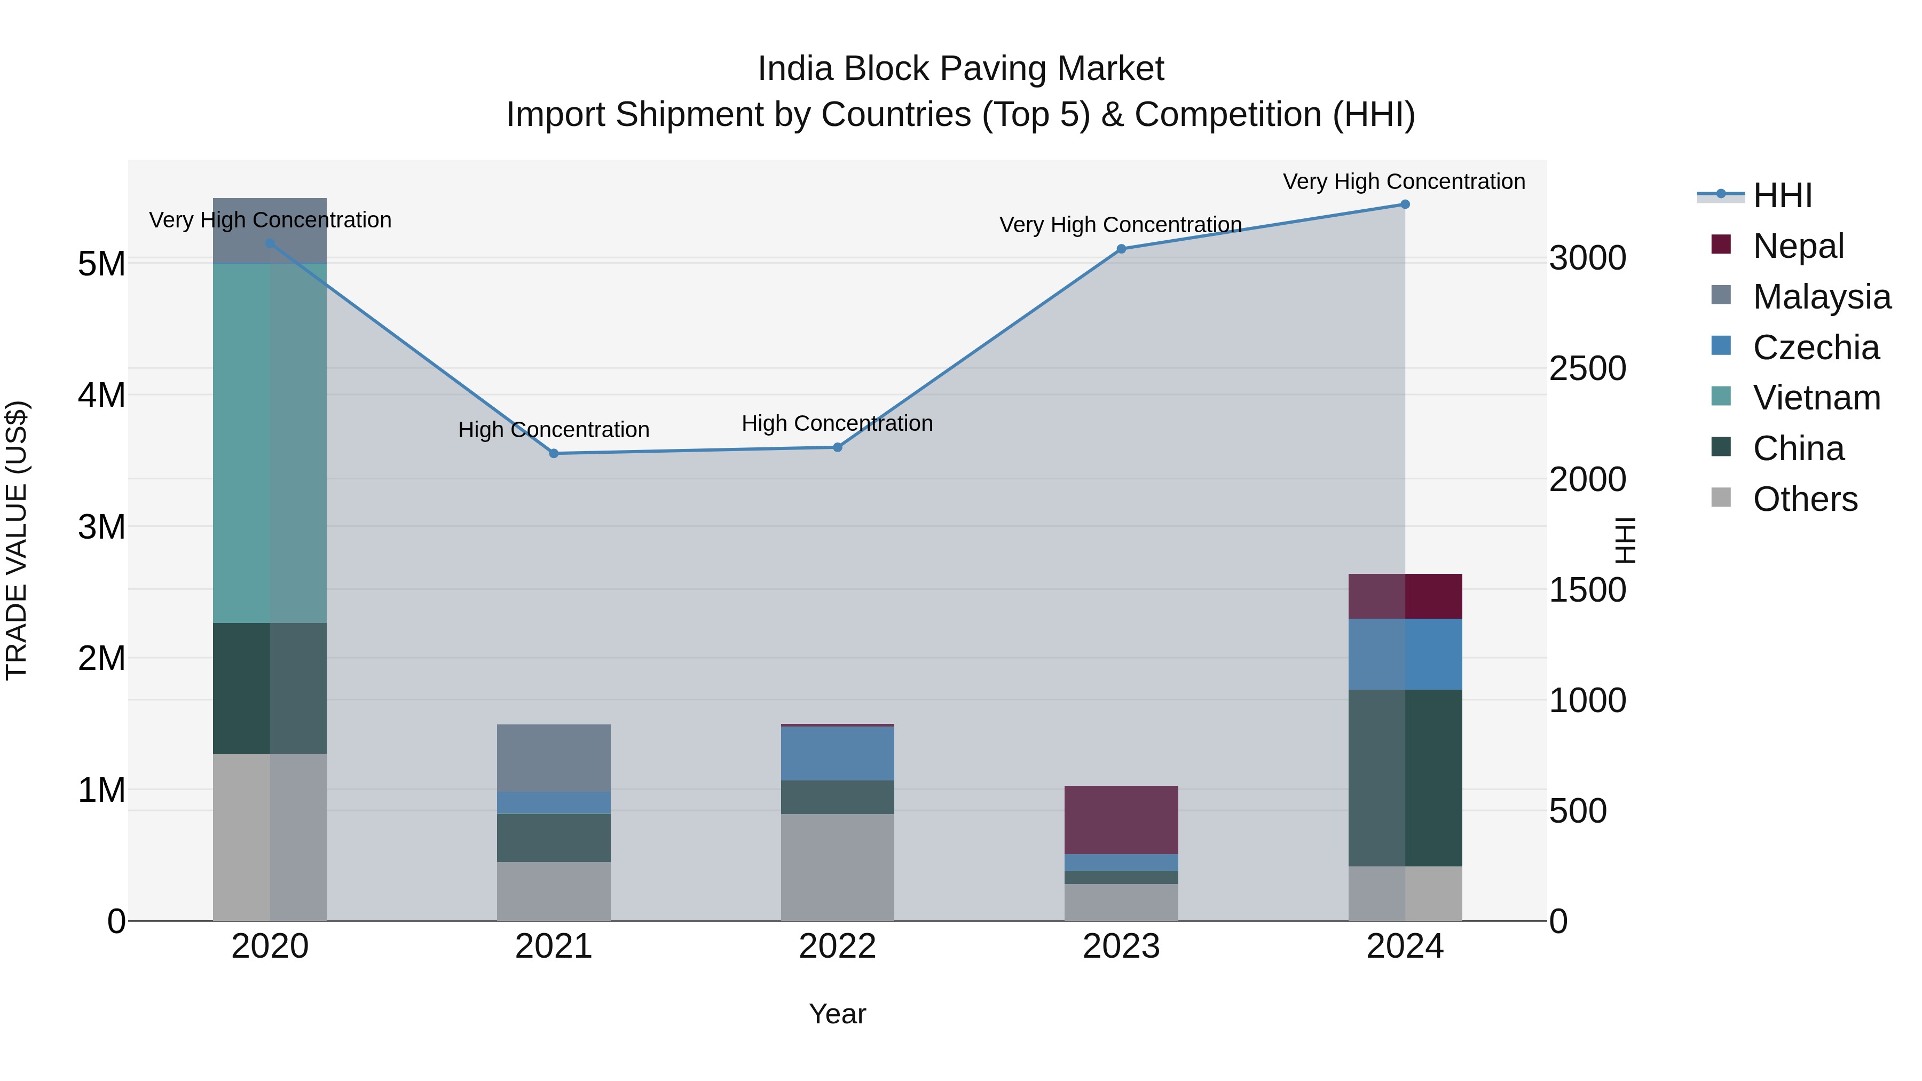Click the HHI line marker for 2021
pyautogui.click(x=554, y=454)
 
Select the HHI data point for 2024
pyautogui.click(x=1405, y=204)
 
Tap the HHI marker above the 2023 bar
pyautogui.click(x=1121, y=249)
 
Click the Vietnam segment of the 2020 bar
pyautogui.click(x=270, y=443)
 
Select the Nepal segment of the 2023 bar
pyautogui.click(x=1121, y=820)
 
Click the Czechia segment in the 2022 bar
pyautogui.click(x=837, y=753)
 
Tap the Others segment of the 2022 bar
pyautogui.click(x=837, y=867)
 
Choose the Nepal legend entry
pyautogui.click(x=1798, y=246)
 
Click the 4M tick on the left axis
pyautogui.click(x=101, y=396)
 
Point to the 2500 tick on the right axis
pyautogui.click(x=1588, y=368)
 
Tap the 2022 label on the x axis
pyautogui.click(x=837, y=946)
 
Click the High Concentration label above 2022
pyautogui.click(x=837, y=424)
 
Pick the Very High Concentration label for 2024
pyautogui.click(x=1404, y=182)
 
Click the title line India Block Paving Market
pyautogui.click(x=960, y=69)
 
